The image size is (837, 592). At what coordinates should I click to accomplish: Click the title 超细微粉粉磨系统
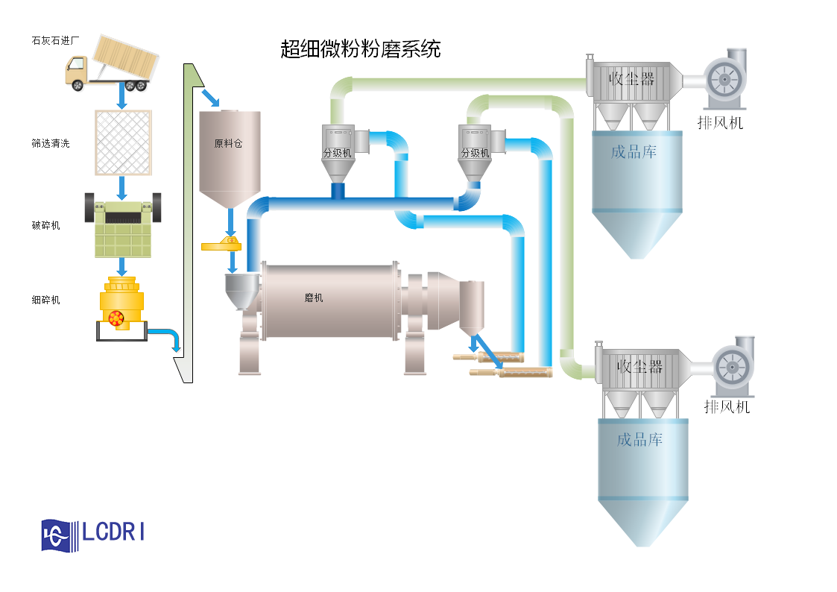coord(361,50)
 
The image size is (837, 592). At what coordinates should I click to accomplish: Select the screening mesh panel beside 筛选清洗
coord(123,142)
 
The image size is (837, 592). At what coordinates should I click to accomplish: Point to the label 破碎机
coord(45,225)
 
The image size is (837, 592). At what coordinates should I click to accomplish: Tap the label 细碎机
coord(45,300)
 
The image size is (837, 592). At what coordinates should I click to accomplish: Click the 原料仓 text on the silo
coord(228,144)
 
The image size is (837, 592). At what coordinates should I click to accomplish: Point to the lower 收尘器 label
coord(639,366)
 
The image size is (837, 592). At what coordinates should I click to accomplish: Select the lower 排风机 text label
coord(727,406)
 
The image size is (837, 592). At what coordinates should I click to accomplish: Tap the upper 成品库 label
coord(634,152)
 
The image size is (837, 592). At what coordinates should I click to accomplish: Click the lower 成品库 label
coord(639,439)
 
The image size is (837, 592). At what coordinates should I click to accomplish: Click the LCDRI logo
coord(94,535)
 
